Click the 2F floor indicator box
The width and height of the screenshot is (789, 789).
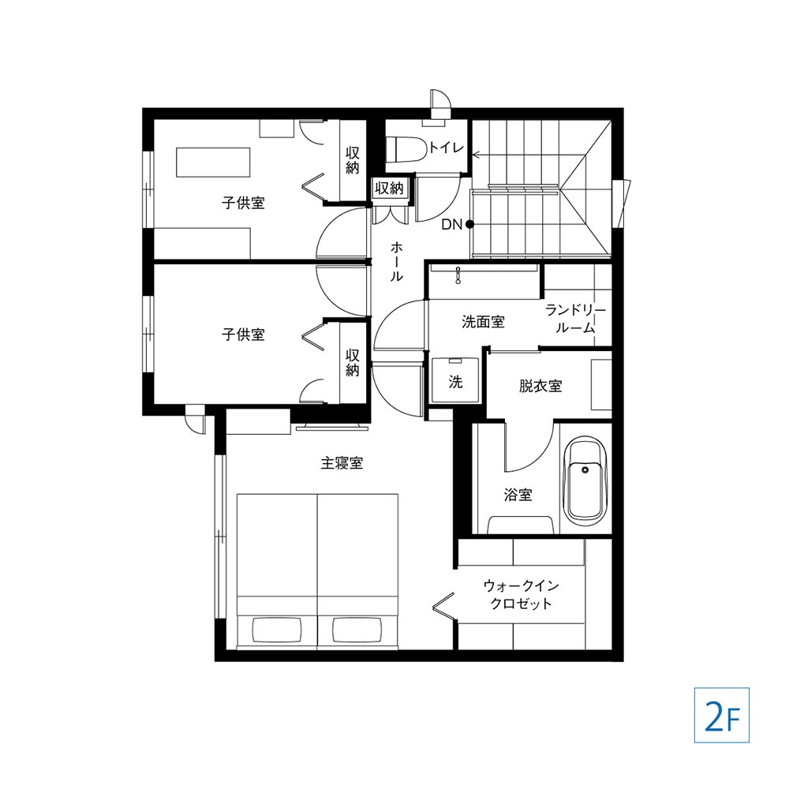pos(722,715)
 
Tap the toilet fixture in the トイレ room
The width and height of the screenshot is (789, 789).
pos(406,149)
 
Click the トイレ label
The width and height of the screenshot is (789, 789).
pos(445,148)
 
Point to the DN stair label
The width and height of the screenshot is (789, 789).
pos(452,224)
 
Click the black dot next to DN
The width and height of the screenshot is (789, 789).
pos(469,224)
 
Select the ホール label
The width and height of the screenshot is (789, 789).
pos(397,261)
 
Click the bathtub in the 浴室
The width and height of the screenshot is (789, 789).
pos(585,481)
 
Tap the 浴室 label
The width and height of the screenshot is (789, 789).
pos(518,495)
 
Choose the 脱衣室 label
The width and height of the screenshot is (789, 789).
pos(540,386)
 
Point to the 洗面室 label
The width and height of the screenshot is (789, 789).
pos(483,322)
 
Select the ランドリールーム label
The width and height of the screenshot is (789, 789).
pos(576,319)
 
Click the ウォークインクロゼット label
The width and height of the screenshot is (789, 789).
pos(522,594)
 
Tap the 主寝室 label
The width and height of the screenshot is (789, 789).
pos(342,462)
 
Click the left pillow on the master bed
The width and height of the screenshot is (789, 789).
pos(277,630)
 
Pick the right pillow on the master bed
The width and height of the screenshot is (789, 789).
pos(357,630)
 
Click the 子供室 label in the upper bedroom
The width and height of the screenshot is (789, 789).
pos(243,203)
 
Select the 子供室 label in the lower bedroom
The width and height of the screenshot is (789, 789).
pos(243,334)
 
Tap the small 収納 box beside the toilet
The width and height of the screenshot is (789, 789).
pos(390,189)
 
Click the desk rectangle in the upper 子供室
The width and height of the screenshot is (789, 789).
pos(213,162)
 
